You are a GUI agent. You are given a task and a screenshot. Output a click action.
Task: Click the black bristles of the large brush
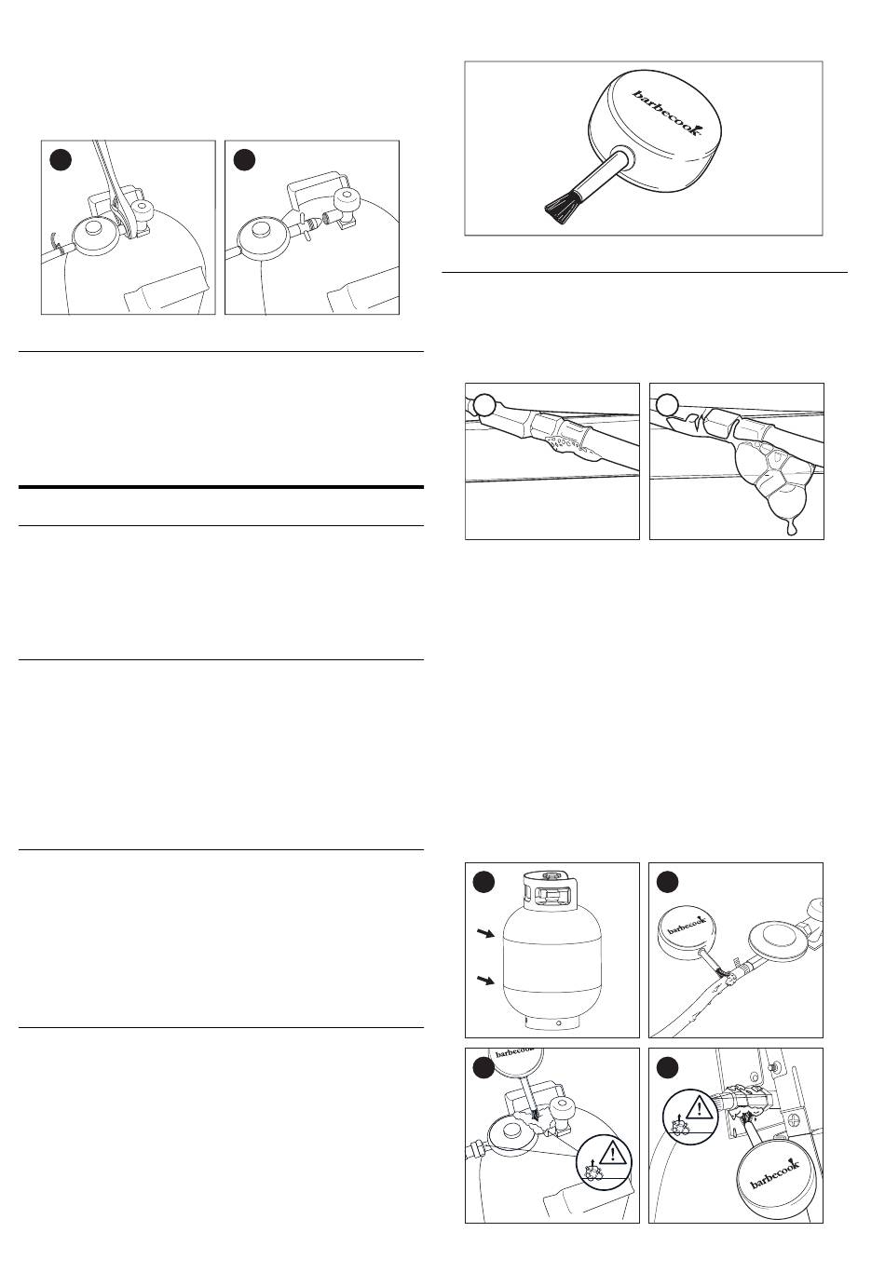tap(561, 209)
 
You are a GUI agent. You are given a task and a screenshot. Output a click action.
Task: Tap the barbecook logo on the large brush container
tap(667, 112)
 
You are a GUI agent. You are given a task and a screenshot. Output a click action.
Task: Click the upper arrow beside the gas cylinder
tap(484, 932)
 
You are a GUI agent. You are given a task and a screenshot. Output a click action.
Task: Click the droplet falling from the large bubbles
tap(789, 530)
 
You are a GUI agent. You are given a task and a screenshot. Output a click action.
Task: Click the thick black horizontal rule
tap(221, 487)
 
